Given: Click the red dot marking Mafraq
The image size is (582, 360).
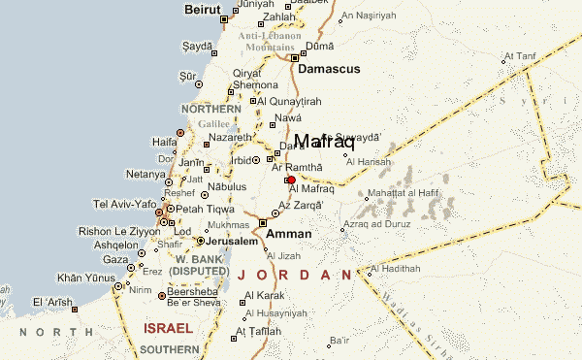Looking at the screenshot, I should [291, 180].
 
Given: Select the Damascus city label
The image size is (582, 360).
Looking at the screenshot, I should [329, 70].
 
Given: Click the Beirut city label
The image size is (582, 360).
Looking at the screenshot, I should [204, 9].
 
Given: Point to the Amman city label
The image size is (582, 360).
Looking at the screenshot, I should [288, 234].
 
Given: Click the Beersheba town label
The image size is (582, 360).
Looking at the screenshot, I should [192, 290].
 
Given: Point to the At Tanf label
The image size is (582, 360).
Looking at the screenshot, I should [519, 56].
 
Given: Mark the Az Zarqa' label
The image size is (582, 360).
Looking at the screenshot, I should [299, 205].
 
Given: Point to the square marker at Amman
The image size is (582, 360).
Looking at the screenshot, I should [263, 223].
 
